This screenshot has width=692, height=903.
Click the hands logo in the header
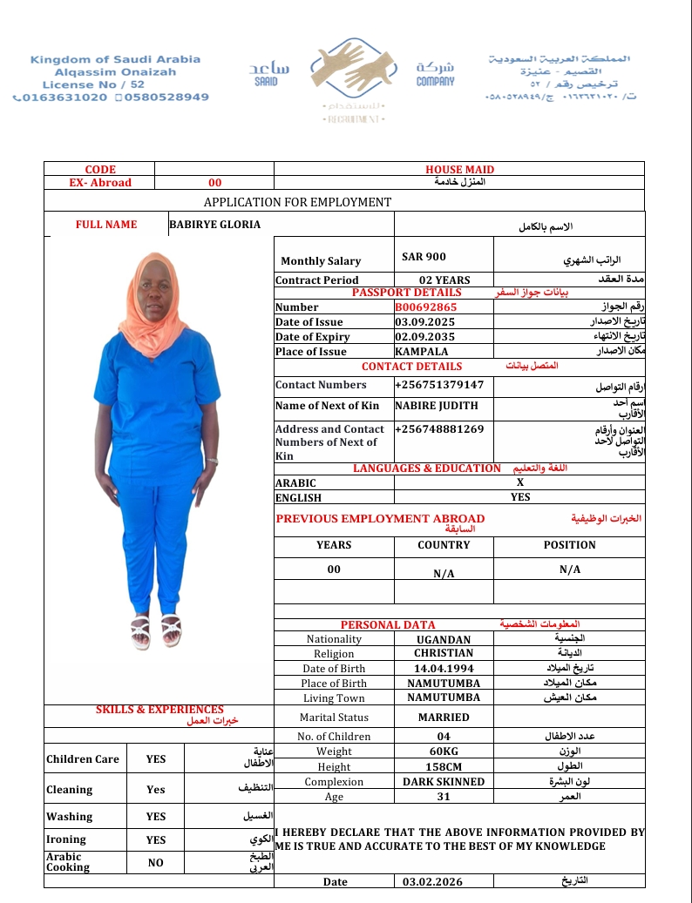(x=345, y=70)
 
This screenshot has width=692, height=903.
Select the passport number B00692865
(x=425, y=307)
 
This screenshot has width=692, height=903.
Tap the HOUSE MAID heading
(x=459, y=170)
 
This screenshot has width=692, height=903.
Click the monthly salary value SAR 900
(x=424, y=257)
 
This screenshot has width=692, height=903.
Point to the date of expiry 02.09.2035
(x=424, y=337)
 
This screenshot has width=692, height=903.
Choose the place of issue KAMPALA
(x=422, y=352)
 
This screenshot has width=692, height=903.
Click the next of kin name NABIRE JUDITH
(x=437, y=406)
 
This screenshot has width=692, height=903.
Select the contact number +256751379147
(x=438, y=385)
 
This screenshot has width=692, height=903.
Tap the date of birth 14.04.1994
(x=444, y=669)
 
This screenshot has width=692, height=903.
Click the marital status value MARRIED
(x=444, y=718)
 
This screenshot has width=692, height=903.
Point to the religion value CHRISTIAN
(x=444, y=653)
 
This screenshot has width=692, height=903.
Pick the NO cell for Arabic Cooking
(x=155, y=862)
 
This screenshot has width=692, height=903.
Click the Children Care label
(x=82, y=759)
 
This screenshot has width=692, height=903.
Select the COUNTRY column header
(x=444, y=545)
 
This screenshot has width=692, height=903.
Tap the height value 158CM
(x=444, y=767)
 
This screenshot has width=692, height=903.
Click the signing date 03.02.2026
(x=433, y=882)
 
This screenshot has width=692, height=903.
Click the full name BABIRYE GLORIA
(x=214, y=225)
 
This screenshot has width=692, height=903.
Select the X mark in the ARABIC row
(x=519, y=482)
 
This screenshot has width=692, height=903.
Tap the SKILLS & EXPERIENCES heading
(x=159, y=710)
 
